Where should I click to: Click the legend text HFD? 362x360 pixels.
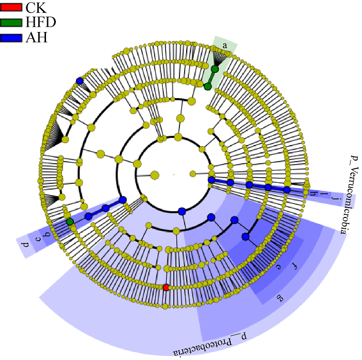[41, 23]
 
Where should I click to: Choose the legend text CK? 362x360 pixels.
[36, 8]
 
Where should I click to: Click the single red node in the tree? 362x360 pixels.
[166, 287]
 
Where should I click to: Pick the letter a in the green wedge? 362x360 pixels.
[225, 45]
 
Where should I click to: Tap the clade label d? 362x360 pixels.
[25, 243]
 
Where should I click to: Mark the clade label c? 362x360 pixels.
[36, 239]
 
